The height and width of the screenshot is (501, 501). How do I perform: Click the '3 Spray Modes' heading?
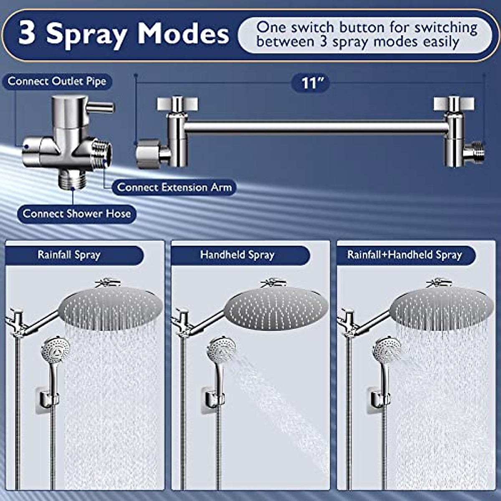(124, 33)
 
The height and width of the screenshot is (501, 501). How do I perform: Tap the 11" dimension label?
(310, 83)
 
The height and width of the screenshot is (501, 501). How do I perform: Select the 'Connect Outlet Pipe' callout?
(57, 81)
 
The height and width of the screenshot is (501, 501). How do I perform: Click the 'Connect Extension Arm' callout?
(174, 187)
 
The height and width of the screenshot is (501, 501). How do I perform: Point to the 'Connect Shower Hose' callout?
(77, 214)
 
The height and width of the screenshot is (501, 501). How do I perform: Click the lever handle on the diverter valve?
(100, 108)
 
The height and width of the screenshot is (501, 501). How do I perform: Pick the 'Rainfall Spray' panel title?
(69, 255)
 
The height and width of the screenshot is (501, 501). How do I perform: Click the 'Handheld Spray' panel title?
(237, 255)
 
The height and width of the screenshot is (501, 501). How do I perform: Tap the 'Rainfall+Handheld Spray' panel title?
(405, 255)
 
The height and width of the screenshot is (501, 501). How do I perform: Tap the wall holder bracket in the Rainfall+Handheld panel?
(379, 399)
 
